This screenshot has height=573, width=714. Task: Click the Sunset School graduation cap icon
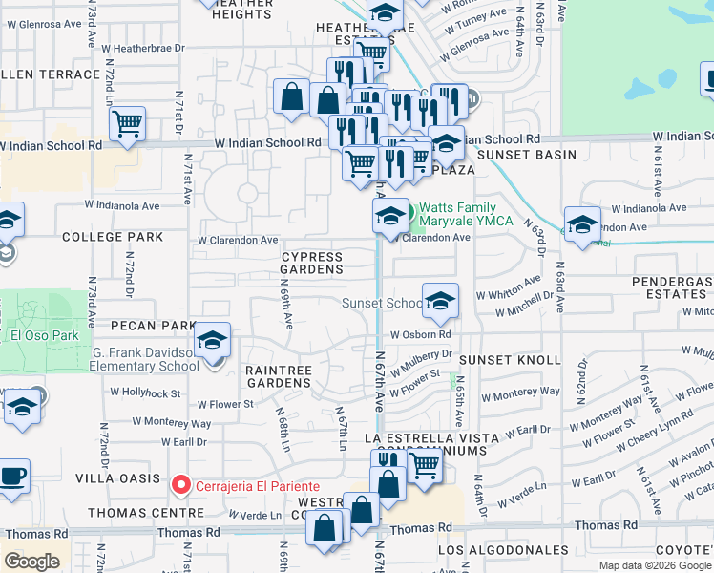(440, 301)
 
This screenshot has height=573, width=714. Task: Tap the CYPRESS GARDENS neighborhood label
(312, 264)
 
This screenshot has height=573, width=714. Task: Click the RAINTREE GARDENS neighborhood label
(278, 375)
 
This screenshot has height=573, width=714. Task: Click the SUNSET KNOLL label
(503, 360)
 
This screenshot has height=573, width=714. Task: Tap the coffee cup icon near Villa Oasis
(12, 477)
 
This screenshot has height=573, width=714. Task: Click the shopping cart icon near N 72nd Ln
(127, 123)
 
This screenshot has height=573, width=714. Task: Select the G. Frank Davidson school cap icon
(212, 340)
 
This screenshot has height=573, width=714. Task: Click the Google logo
(31, 562)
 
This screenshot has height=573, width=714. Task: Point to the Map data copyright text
(655, 565)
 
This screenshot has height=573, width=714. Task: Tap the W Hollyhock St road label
(145, 393)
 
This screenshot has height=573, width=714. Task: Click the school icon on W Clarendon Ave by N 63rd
(582, 224)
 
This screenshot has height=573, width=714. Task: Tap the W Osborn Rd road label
(420, 334)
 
